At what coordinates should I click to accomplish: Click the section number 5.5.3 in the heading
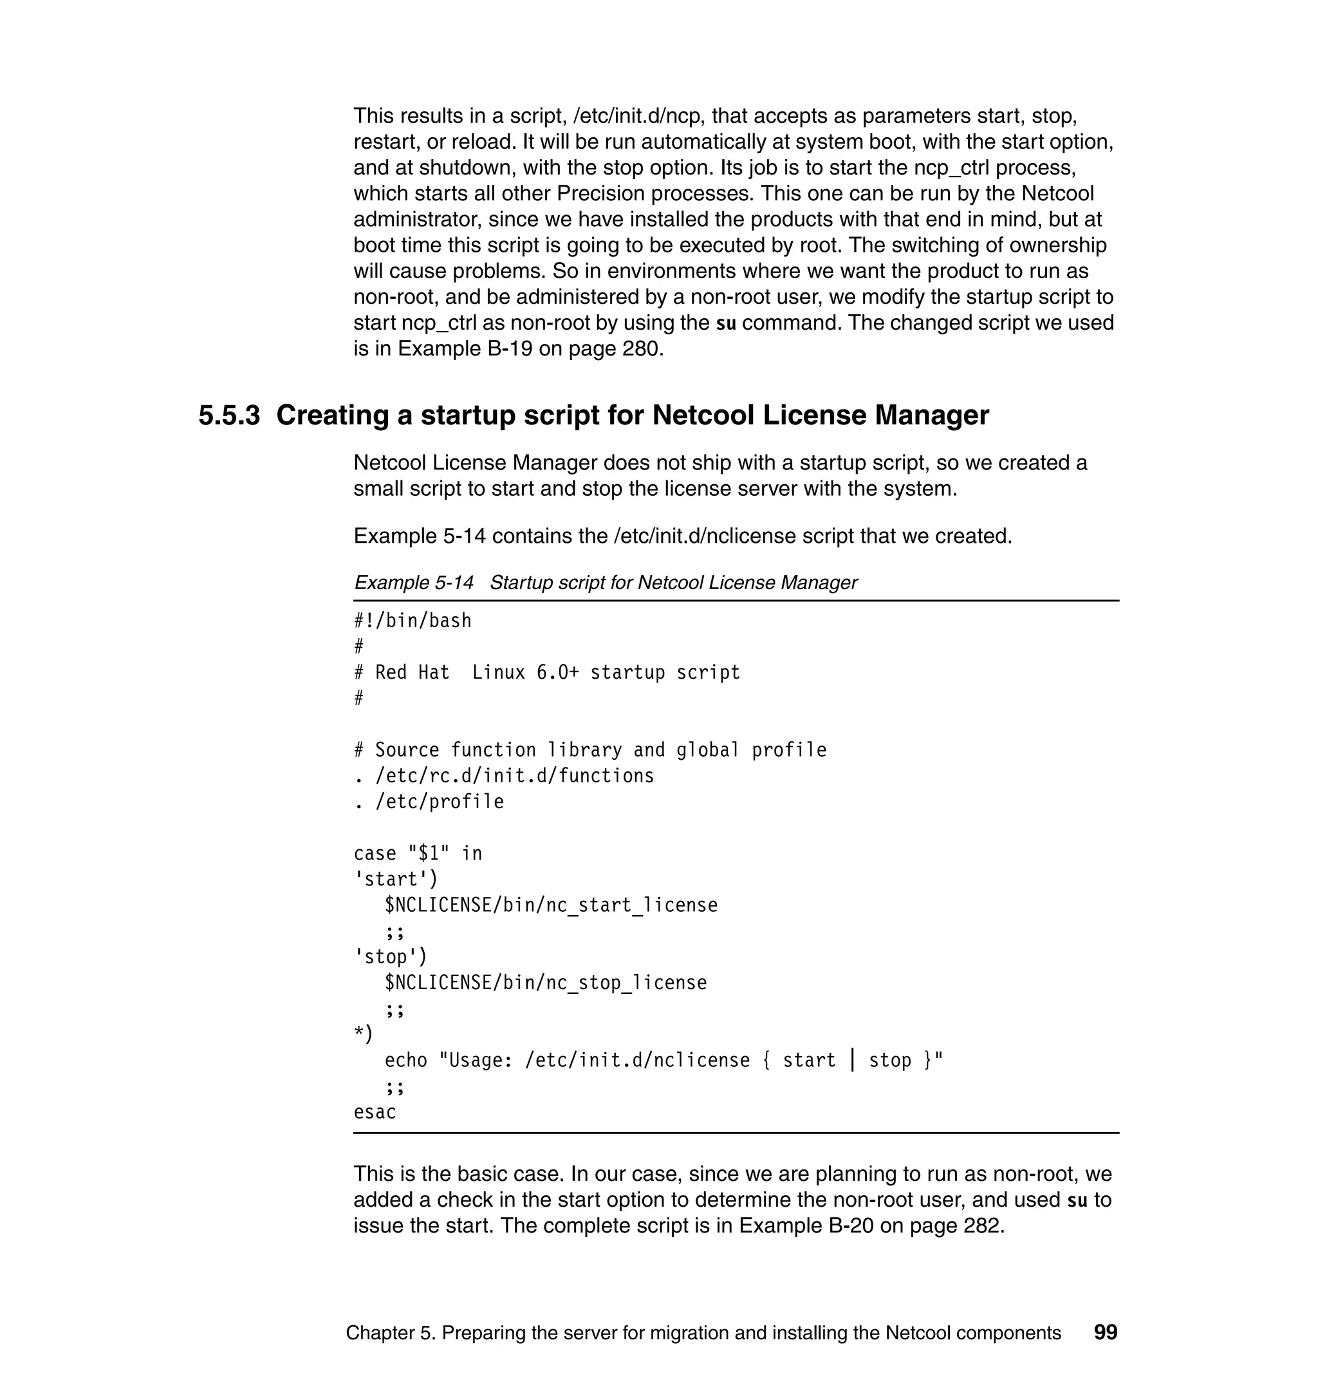click(x=229, y=415)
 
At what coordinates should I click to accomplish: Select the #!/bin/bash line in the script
click(x=413, y=621)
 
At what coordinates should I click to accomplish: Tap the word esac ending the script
click(x=375, y=1112)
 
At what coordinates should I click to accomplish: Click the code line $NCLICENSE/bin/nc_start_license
click(x=551, y=905)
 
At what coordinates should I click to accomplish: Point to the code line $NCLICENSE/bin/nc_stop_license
click(x=545, y=983)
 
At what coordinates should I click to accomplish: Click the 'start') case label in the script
click(x=396, y=880)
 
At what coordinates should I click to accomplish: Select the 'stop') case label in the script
click(x=390, y=957)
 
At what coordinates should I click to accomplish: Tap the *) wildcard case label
click(x=362, y=1034)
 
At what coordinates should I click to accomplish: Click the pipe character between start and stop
click(x=852, y=1060)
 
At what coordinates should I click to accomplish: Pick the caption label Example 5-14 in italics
click(x=413, y=583)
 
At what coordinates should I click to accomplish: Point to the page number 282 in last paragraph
click(x=981, y=1225)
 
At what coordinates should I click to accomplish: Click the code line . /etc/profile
click(x=429, y=802)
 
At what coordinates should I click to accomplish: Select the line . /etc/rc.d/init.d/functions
click(x=504, y=776)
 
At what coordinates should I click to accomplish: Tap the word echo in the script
click(x=405, y=1060)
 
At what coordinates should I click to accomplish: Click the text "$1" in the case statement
click(x=429, y=853)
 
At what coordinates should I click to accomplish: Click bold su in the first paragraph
click(x=725, y=324)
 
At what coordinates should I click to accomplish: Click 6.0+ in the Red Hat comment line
click(x=557, y=673)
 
